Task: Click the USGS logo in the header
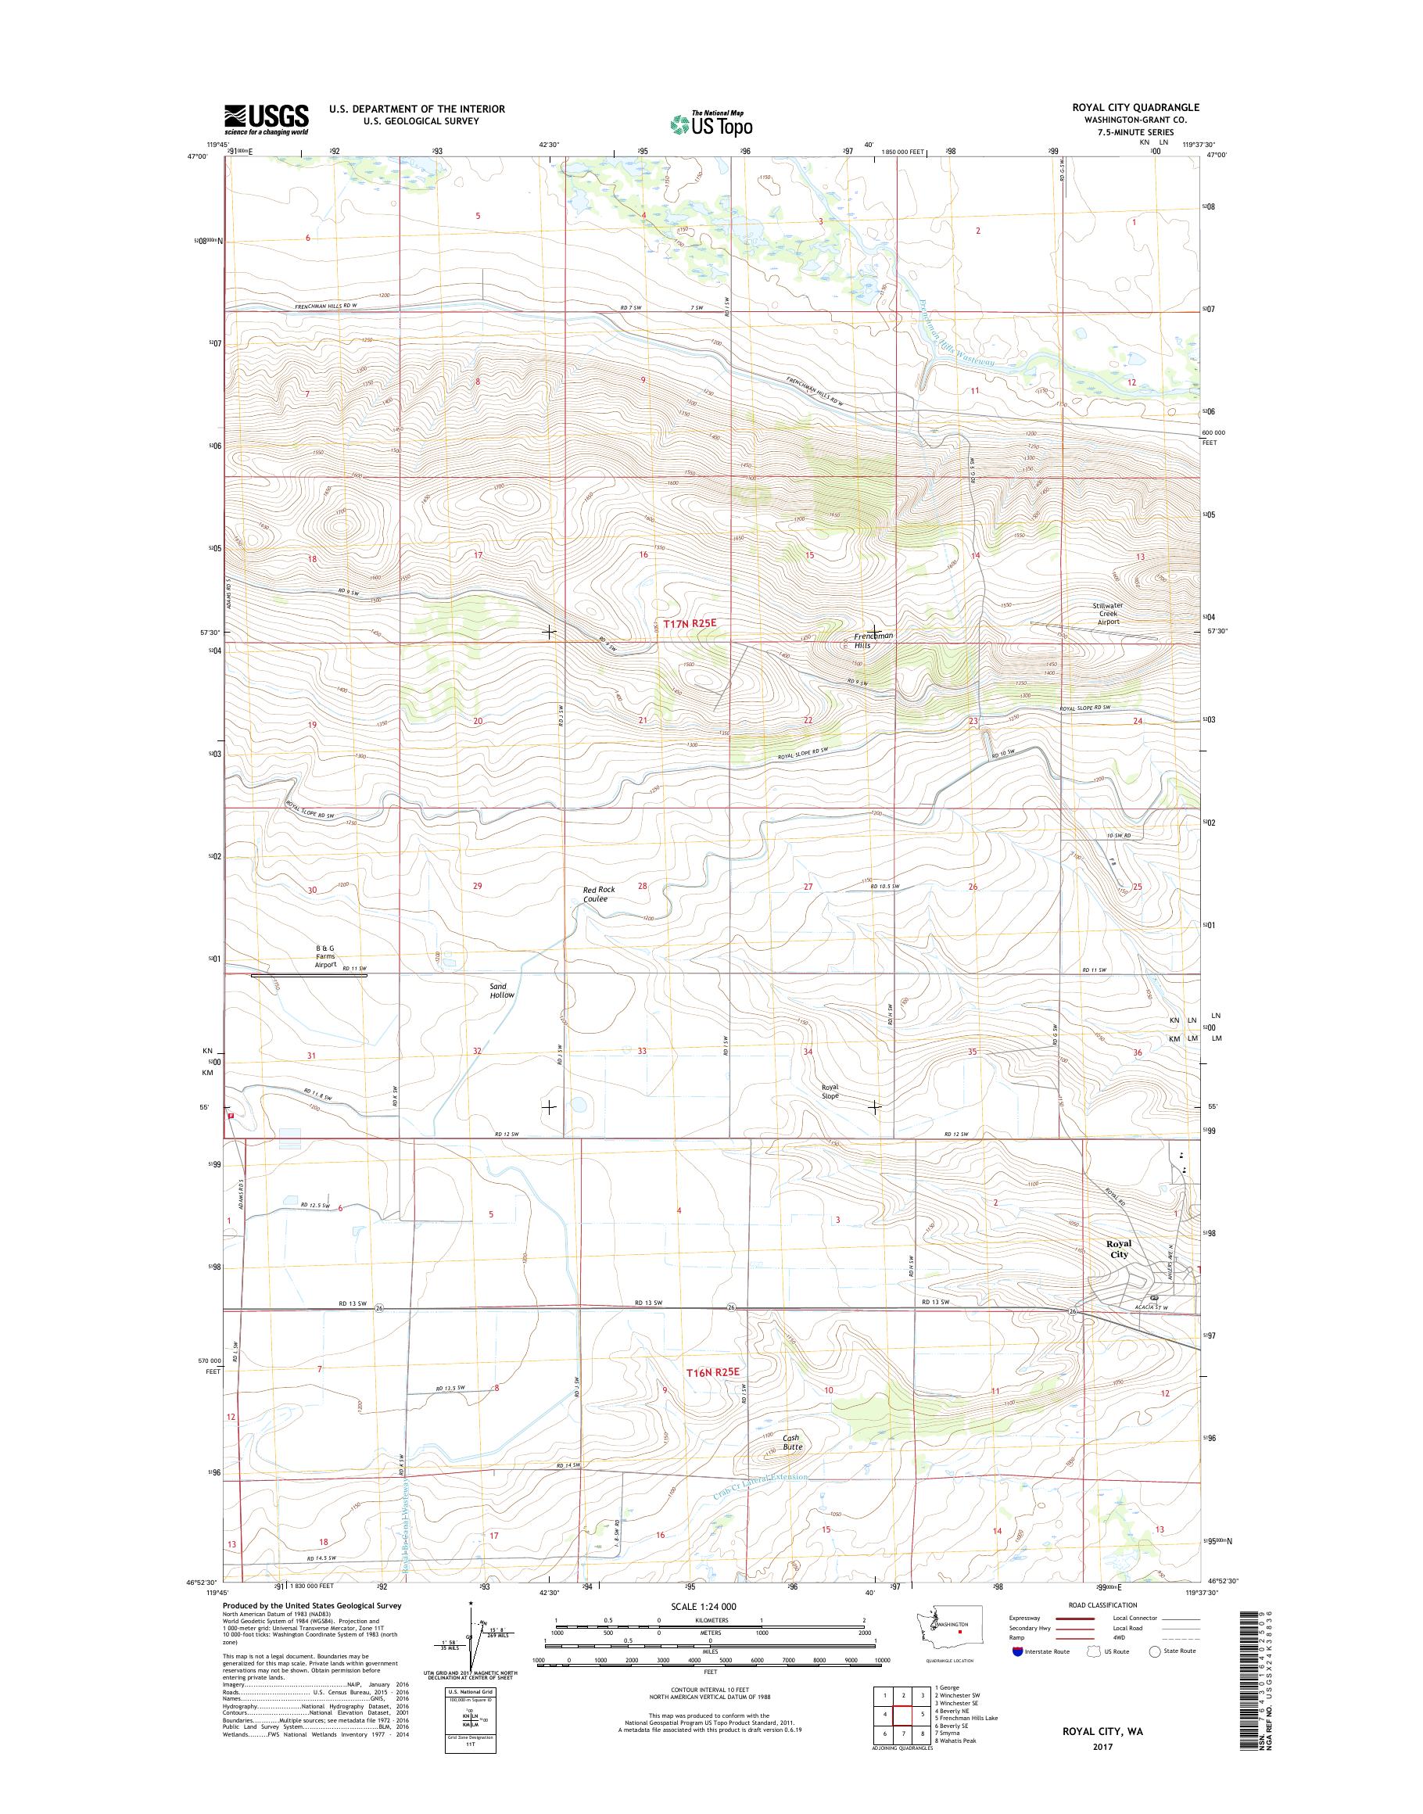coord(266,120)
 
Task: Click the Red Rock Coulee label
coord(599,894)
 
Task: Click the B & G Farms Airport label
coord(325,955)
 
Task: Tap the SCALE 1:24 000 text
coord(710,1607)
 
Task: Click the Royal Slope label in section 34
coord(830,1092)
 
